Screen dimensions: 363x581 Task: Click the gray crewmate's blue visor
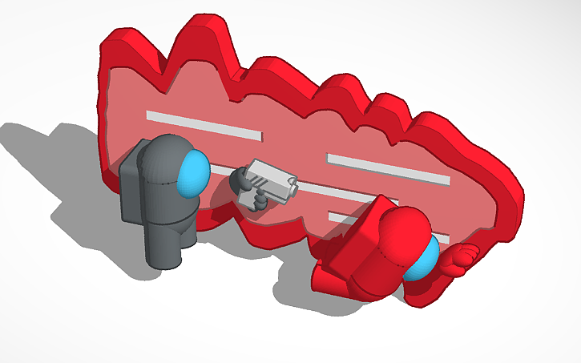pyautogui.click(x=192, y=173)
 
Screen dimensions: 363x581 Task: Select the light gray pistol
pyautogui.click(x=269, y=178)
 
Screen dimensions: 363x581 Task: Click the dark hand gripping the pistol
pyautogui.click(x=241, y=182)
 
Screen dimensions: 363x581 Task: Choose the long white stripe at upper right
pyautogui.click(x=388, y=167)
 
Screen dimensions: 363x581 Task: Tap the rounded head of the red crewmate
pyautogui.click(x=401, y=236)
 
